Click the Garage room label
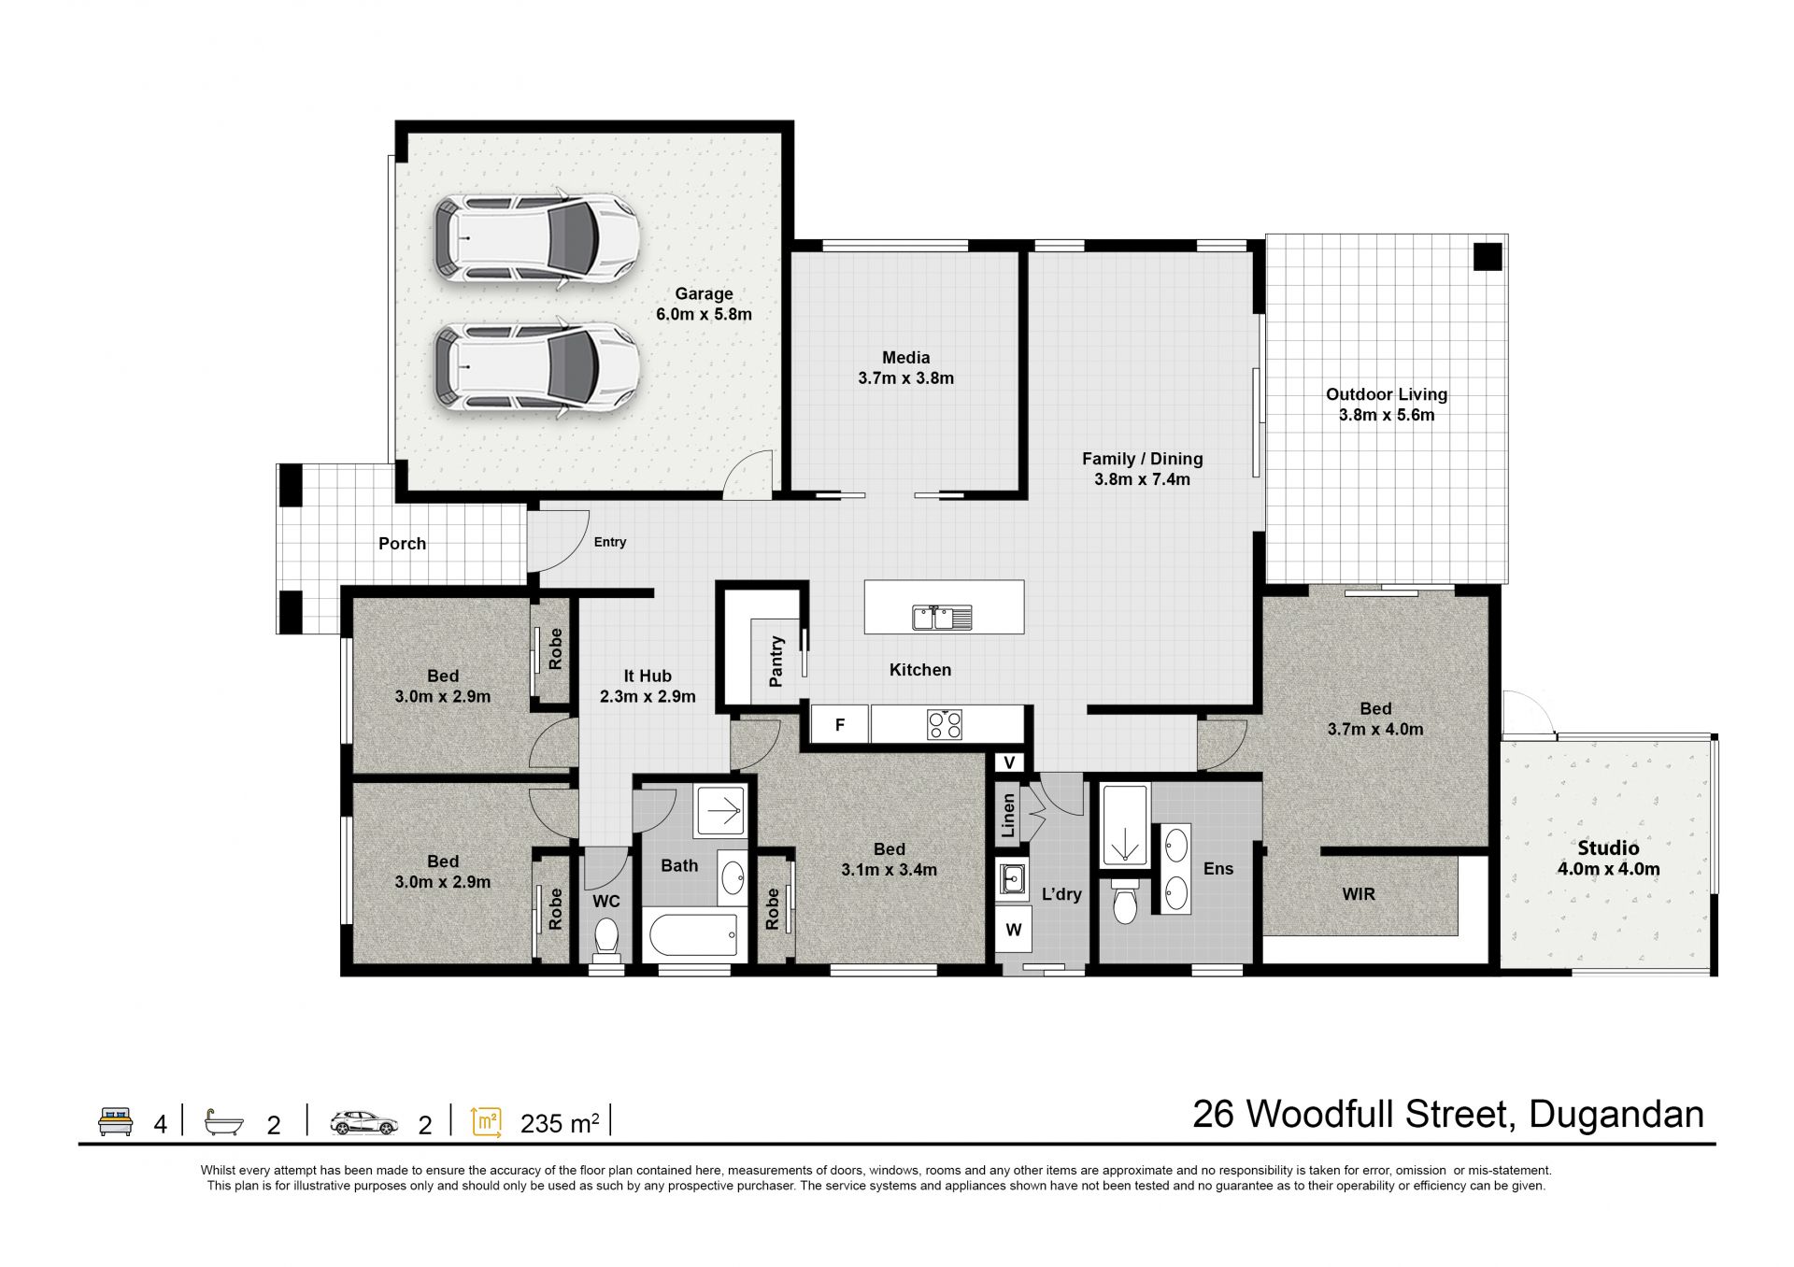point(704,293)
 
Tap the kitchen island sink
point(942,617)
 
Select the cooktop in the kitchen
point(945,724)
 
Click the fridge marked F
point(840,724)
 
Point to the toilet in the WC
point(606,938)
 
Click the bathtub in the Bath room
point(694,935)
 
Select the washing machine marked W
point(1013,930)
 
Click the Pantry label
point(776,662)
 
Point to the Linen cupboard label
point(1008,816)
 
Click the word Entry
point(610,542)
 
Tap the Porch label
point(402,544)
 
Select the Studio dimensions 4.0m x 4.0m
point(1608,869)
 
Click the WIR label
point(1359,894)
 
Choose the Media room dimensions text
point(905,378)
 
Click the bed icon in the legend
point(116,1121)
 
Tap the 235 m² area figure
point(560,1123)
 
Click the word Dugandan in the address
point(1616,1114)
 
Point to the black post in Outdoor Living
point(1488,256)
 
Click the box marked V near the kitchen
point(1009,763)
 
